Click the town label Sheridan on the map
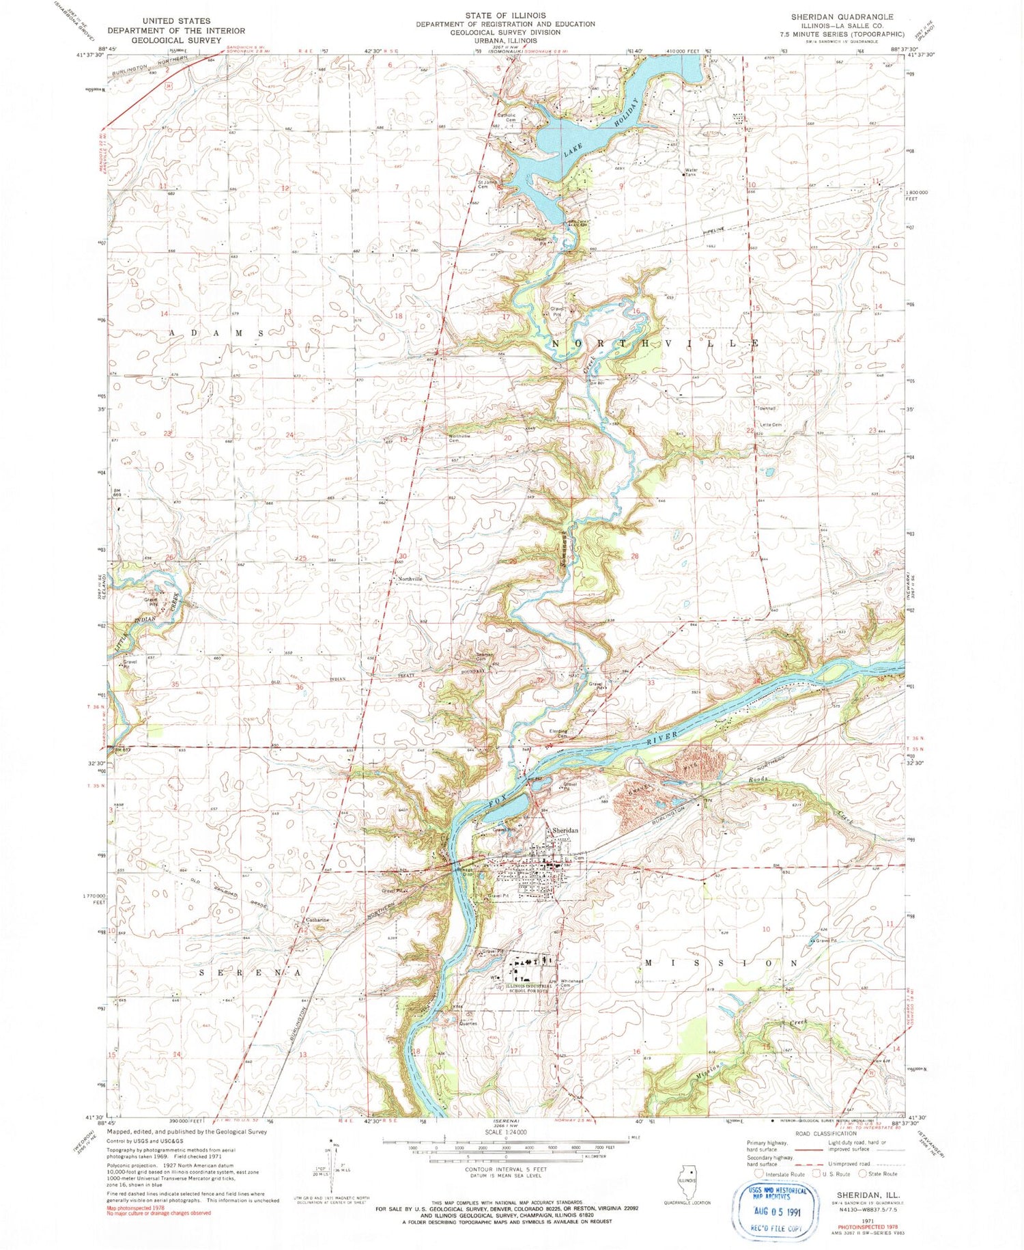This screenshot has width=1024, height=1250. (565, 830)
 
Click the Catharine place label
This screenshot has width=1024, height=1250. (317, 919)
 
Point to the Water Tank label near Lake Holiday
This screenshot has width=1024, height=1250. (694, 171)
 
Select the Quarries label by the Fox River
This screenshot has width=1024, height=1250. (468, 1023)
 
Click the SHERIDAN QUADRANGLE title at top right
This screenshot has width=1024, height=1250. (842, 16)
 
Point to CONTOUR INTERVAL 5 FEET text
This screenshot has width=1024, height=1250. (505, 1169)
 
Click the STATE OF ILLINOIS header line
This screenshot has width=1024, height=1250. (505, 15)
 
